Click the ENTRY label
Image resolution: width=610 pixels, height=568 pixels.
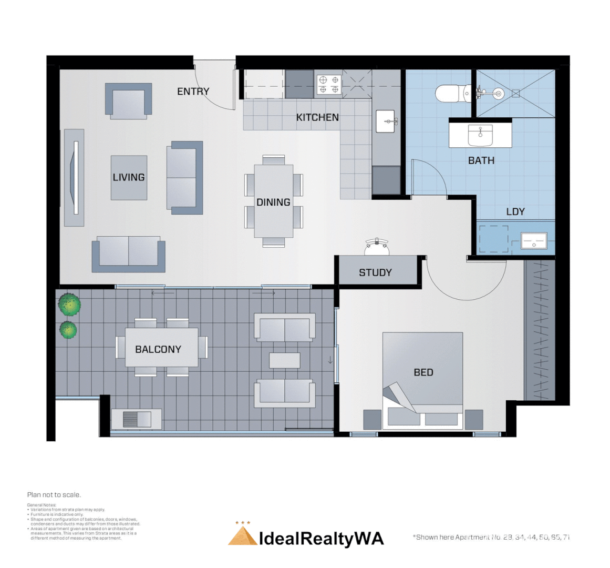[x=193, y=92]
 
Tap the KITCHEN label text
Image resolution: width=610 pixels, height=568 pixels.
[x=317, y=117]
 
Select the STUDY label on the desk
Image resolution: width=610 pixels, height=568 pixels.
[x=375, y=272]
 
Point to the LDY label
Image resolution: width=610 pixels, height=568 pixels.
[x=515, y=211]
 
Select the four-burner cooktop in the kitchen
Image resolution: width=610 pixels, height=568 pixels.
[x=328, y=85]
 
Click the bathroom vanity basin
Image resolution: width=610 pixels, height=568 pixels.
[x=480, y=136]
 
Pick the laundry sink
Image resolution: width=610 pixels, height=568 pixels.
[x=534, y=241]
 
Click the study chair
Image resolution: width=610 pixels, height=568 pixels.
[x=377, y=245]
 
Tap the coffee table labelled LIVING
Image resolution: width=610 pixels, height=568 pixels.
[x=129, y=177]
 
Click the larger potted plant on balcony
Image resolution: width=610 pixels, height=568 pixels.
[x=69, y=304]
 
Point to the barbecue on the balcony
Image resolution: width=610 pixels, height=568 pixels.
[x=137, y=419]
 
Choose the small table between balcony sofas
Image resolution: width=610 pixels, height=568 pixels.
[x=284, y=360]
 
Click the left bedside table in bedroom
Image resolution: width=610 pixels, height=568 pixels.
[x=373, y=419]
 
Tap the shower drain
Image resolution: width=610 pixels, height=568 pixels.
[x=515, y=94]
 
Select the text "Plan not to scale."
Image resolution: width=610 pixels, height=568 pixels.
[x=54, y=494]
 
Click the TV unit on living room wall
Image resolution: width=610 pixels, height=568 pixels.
[x=74, y=178]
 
